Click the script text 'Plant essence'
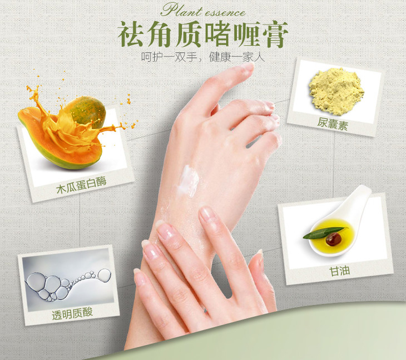coord(203,11)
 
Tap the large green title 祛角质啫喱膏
coord(203,34)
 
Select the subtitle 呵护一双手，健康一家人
coord(203,57)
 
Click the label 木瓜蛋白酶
coord(81,185)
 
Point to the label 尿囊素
coord(333,124)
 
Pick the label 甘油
coord(339,272)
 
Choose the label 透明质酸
coord(72,314)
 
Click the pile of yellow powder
coord(336,91)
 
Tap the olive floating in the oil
coord(334,239)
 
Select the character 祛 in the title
coord(131,34)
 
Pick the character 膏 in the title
coord(275,34)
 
